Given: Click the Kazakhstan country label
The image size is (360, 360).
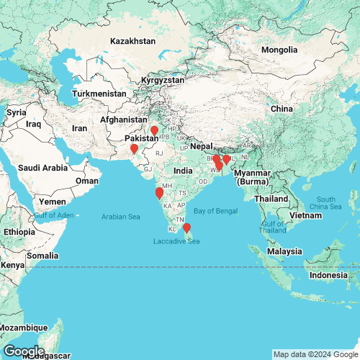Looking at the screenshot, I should click(x=132, y=42).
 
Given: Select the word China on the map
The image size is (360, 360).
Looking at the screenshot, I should click(x=280, y=108).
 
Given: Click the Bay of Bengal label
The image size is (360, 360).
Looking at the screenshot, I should click(x=215, y=210).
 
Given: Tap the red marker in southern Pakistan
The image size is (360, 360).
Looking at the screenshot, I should click(x=134, y=150).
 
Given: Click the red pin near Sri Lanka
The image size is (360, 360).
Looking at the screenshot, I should click(x=187, y=228).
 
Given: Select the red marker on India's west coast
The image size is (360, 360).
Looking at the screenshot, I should click(x=159, y=193).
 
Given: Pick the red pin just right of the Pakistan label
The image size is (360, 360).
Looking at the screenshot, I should click(x=154, y=131).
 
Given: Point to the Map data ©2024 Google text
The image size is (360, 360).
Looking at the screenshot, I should click(x=315, y=354).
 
